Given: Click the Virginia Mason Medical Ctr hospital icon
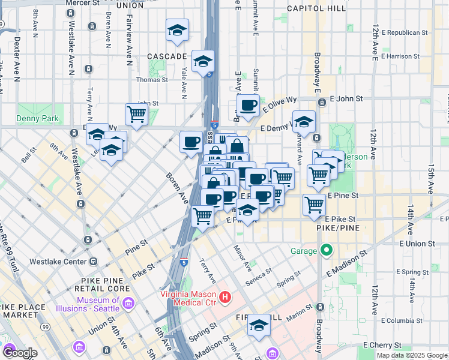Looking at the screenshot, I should (225, 296).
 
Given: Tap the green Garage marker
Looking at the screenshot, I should (326, 250).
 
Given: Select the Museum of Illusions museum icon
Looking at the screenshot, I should (127, 304).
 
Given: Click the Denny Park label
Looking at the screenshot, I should (38, 118).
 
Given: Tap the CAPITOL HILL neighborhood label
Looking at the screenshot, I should (316, 8).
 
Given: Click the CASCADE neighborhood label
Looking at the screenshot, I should (167, 56).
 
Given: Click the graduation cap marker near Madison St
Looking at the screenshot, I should (259, 325).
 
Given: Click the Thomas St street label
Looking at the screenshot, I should (152, 79).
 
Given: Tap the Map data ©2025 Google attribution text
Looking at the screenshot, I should (412, 355).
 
